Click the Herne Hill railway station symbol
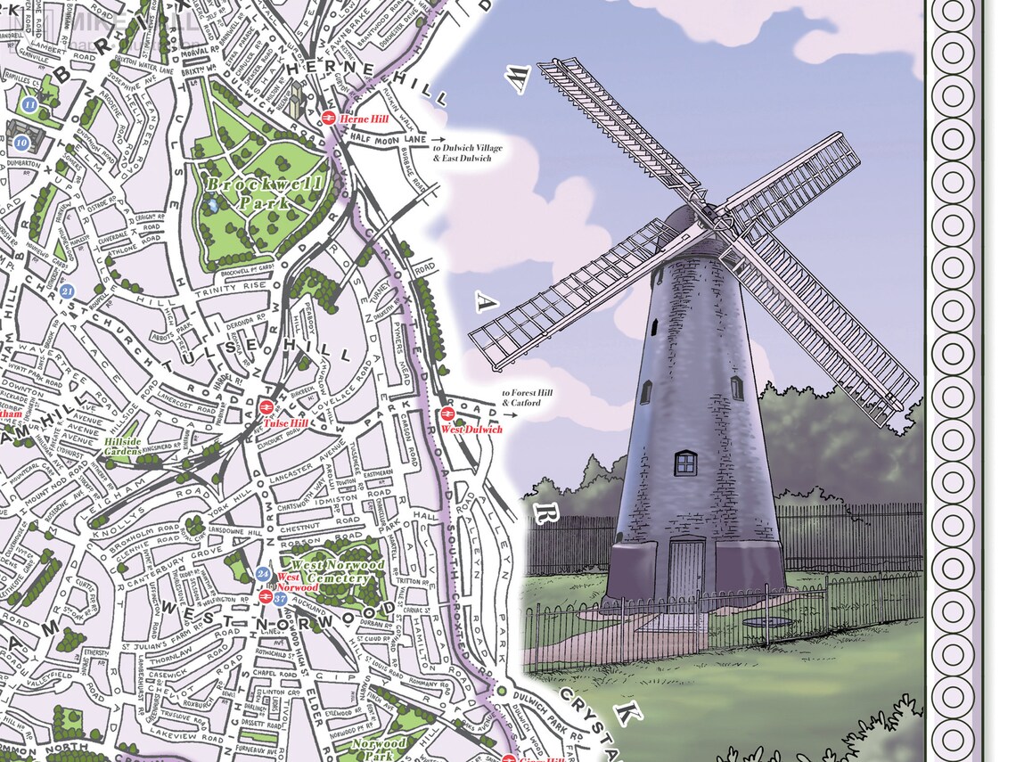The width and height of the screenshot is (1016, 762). point(327,117)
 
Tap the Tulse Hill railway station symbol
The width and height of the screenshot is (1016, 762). point(265,407)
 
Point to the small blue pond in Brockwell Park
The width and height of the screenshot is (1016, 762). point(212,204)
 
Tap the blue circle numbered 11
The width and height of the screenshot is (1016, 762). point(30,105)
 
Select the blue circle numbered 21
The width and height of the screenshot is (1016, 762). point(68,291)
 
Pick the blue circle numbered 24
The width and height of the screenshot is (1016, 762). point(261,573)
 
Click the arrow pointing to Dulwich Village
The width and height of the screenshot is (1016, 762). point(436,141)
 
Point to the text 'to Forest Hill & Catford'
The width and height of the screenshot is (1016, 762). point(522,397)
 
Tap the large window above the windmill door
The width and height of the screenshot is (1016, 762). point(685,463)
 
